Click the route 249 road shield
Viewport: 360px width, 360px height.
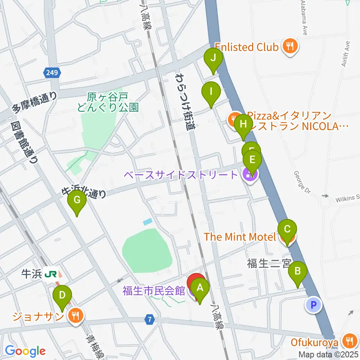[x=52, y=73]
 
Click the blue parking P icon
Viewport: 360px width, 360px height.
[x=314, y=304]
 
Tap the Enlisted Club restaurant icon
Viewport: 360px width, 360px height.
[x=290, y=46]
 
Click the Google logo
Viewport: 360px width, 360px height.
[x=25, y=351]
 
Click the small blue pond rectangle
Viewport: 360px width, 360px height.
[x=148, y=222]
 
